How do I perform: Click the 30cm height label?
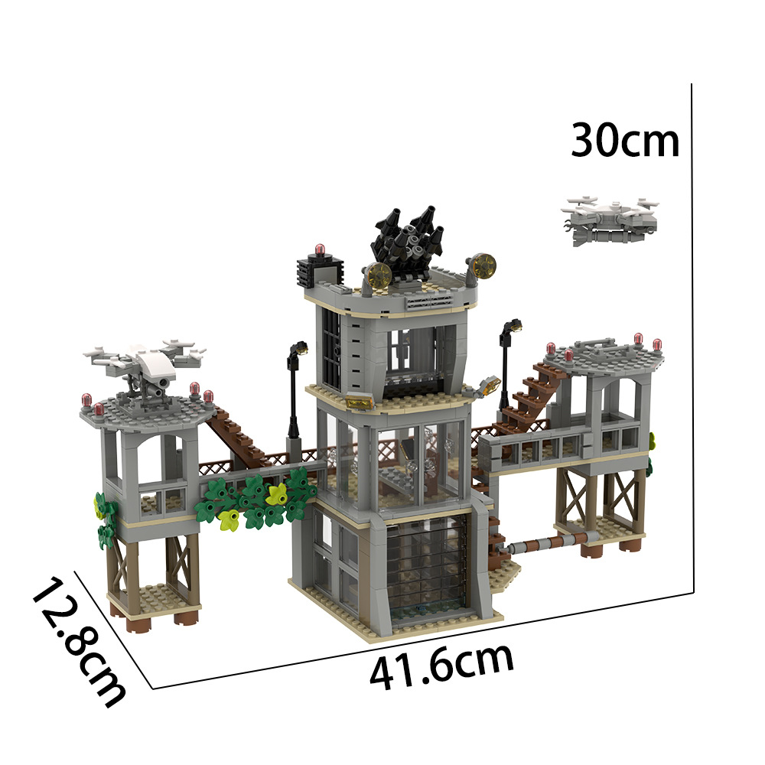pos(625,142)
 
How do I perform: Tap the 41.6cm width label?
pos(441,668)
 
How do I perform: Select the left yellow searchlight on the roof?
pos(377,275)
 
